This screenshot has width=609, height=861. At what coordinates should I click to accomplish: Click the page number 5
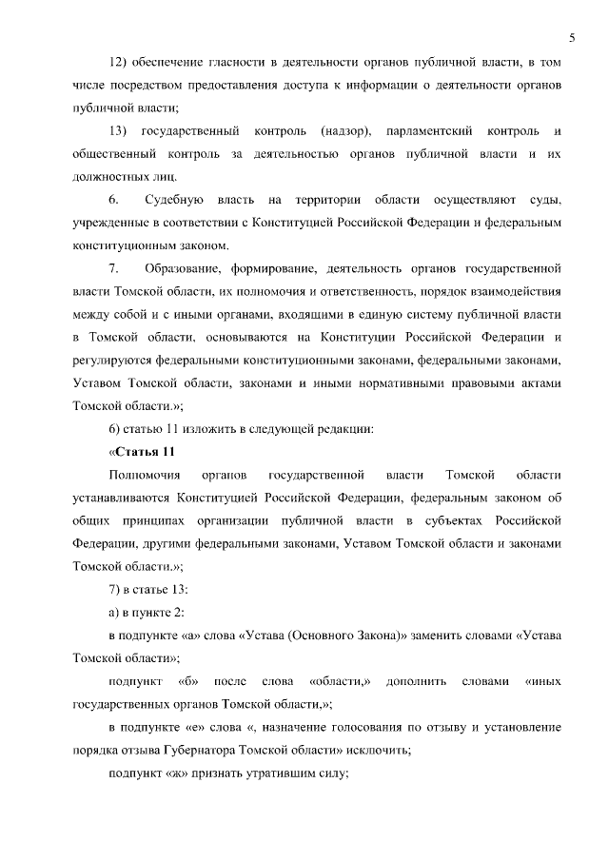[572, 37]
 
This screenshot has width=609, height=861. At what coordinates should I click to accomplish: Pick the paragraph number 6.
[113, 200]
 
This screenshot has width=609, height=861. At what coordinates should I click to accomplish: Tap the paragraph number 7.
[113, 267]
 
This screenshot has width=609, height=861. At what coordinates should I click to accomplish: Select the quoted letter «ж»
[177, 773]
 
